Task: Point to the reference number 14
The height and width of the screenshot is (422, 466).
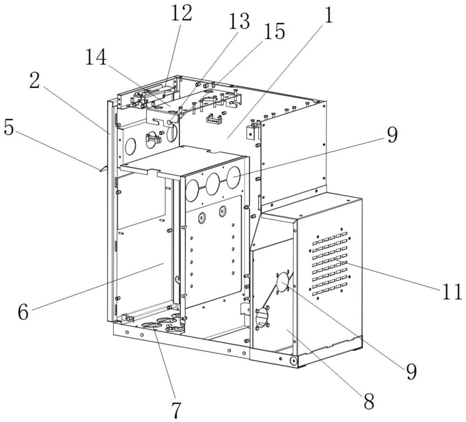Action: coord(96,57)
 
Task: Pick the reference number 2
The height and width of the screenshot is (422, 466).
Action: coord(34,80)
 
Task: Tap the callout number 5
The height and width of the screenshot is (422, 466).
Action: coord(8,128)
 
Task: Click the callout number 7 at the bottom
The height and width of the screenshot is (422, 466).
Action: coord(176,410)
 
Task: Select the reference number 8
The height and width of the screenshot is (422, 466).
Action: coord(369,401)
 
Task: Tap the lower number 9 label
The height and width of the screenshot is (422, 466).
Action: coord(411,371)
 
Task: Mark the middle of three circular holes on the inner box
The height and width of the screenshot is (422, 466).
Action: coord(213,184)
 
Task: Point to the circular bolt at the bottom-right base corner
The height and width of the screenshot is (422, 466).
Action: coord(294,361)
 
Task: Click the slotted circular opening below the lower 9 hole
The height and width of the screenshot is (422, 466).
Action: coord(262,317)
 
